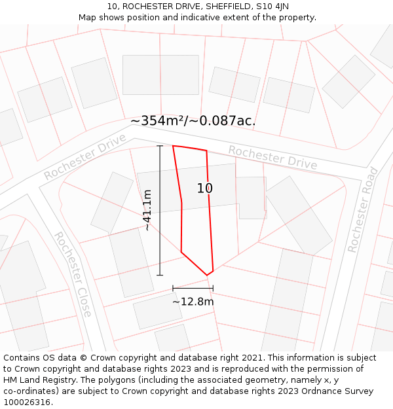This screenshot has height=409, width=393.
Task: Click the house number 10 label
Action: click(x=205, y=188)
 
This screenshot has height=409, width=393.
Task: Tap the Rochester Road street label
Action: click(x=363, y=210)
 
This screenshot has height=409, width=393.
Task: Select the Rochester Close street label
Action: click(x=72, y=274)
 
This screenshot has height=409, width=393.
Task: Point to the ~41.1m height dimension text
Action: click(x=147, y=210)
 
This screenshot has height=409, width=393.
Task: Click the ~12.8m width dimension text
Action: click(x=193, y=302)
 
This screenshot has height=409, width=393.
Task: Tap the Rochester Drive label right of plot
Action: click(x=272, y=158)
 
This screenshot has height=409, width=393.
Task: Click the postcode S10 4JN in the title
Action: click(x=272, y=6)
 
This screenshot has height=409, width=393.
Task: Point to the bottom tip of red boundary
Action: click(x=207, y=275)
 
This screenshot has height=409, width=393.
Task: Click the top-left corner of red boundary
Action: click(x=173, y=146)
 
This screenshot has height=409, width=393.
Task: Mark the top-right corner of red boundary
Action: click(x=206, y=151)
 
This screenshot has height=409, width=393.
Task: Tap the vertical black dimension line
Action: click(x=160, y=210)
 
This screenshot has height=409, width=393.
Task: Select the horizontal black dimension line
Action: click(x=193, y=288)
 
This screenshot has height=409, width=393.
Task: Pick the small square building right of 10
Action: click(x=252, y=197)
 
